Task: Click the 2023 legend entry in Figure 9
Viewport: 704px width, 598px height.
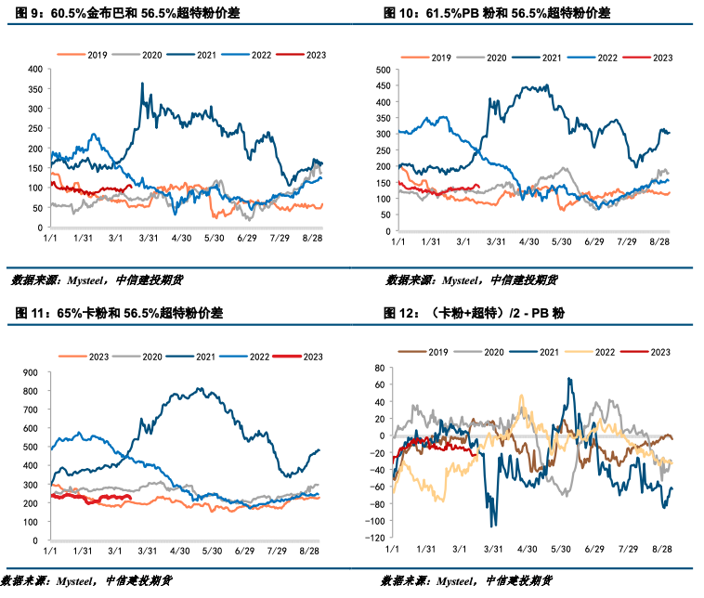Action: (310, 57)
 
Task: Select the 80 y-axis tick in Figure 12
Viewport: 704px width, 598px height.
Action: (379, 369)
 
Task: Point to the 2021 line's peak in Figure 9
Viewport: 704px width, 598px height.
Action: (141, 83)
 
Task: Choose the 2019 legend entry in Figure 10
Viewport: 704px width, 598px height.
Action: (437, 58)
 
